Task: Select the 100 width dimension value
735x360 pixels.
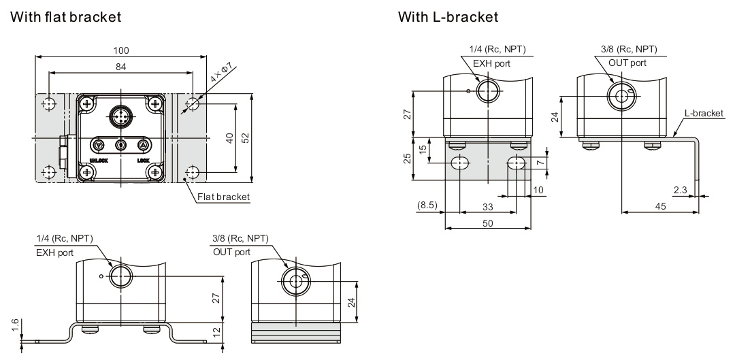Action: click(122, 50)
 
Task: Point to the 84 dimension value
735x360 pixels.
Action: click(122, 66)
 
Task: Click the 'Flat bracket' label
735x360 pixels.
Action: click(223, 197)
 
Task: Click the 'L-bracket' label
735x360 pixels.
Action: click(704, 113)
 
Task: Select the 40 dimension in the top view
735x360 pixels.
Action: click(230, 138)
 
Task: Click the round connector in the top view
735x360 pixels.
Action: click(121, 116)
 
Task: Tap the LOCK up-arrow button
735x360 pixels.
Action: click(143, 145)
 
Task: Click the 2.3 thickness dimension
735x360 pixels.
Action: click(679, 190)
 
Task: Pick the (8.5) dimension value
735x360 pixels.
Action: click(428, 205)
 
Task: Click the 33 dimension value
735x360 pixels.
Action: click(487, 207)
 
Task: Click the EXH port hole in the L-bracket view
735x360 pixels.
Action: click(487, 91)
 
